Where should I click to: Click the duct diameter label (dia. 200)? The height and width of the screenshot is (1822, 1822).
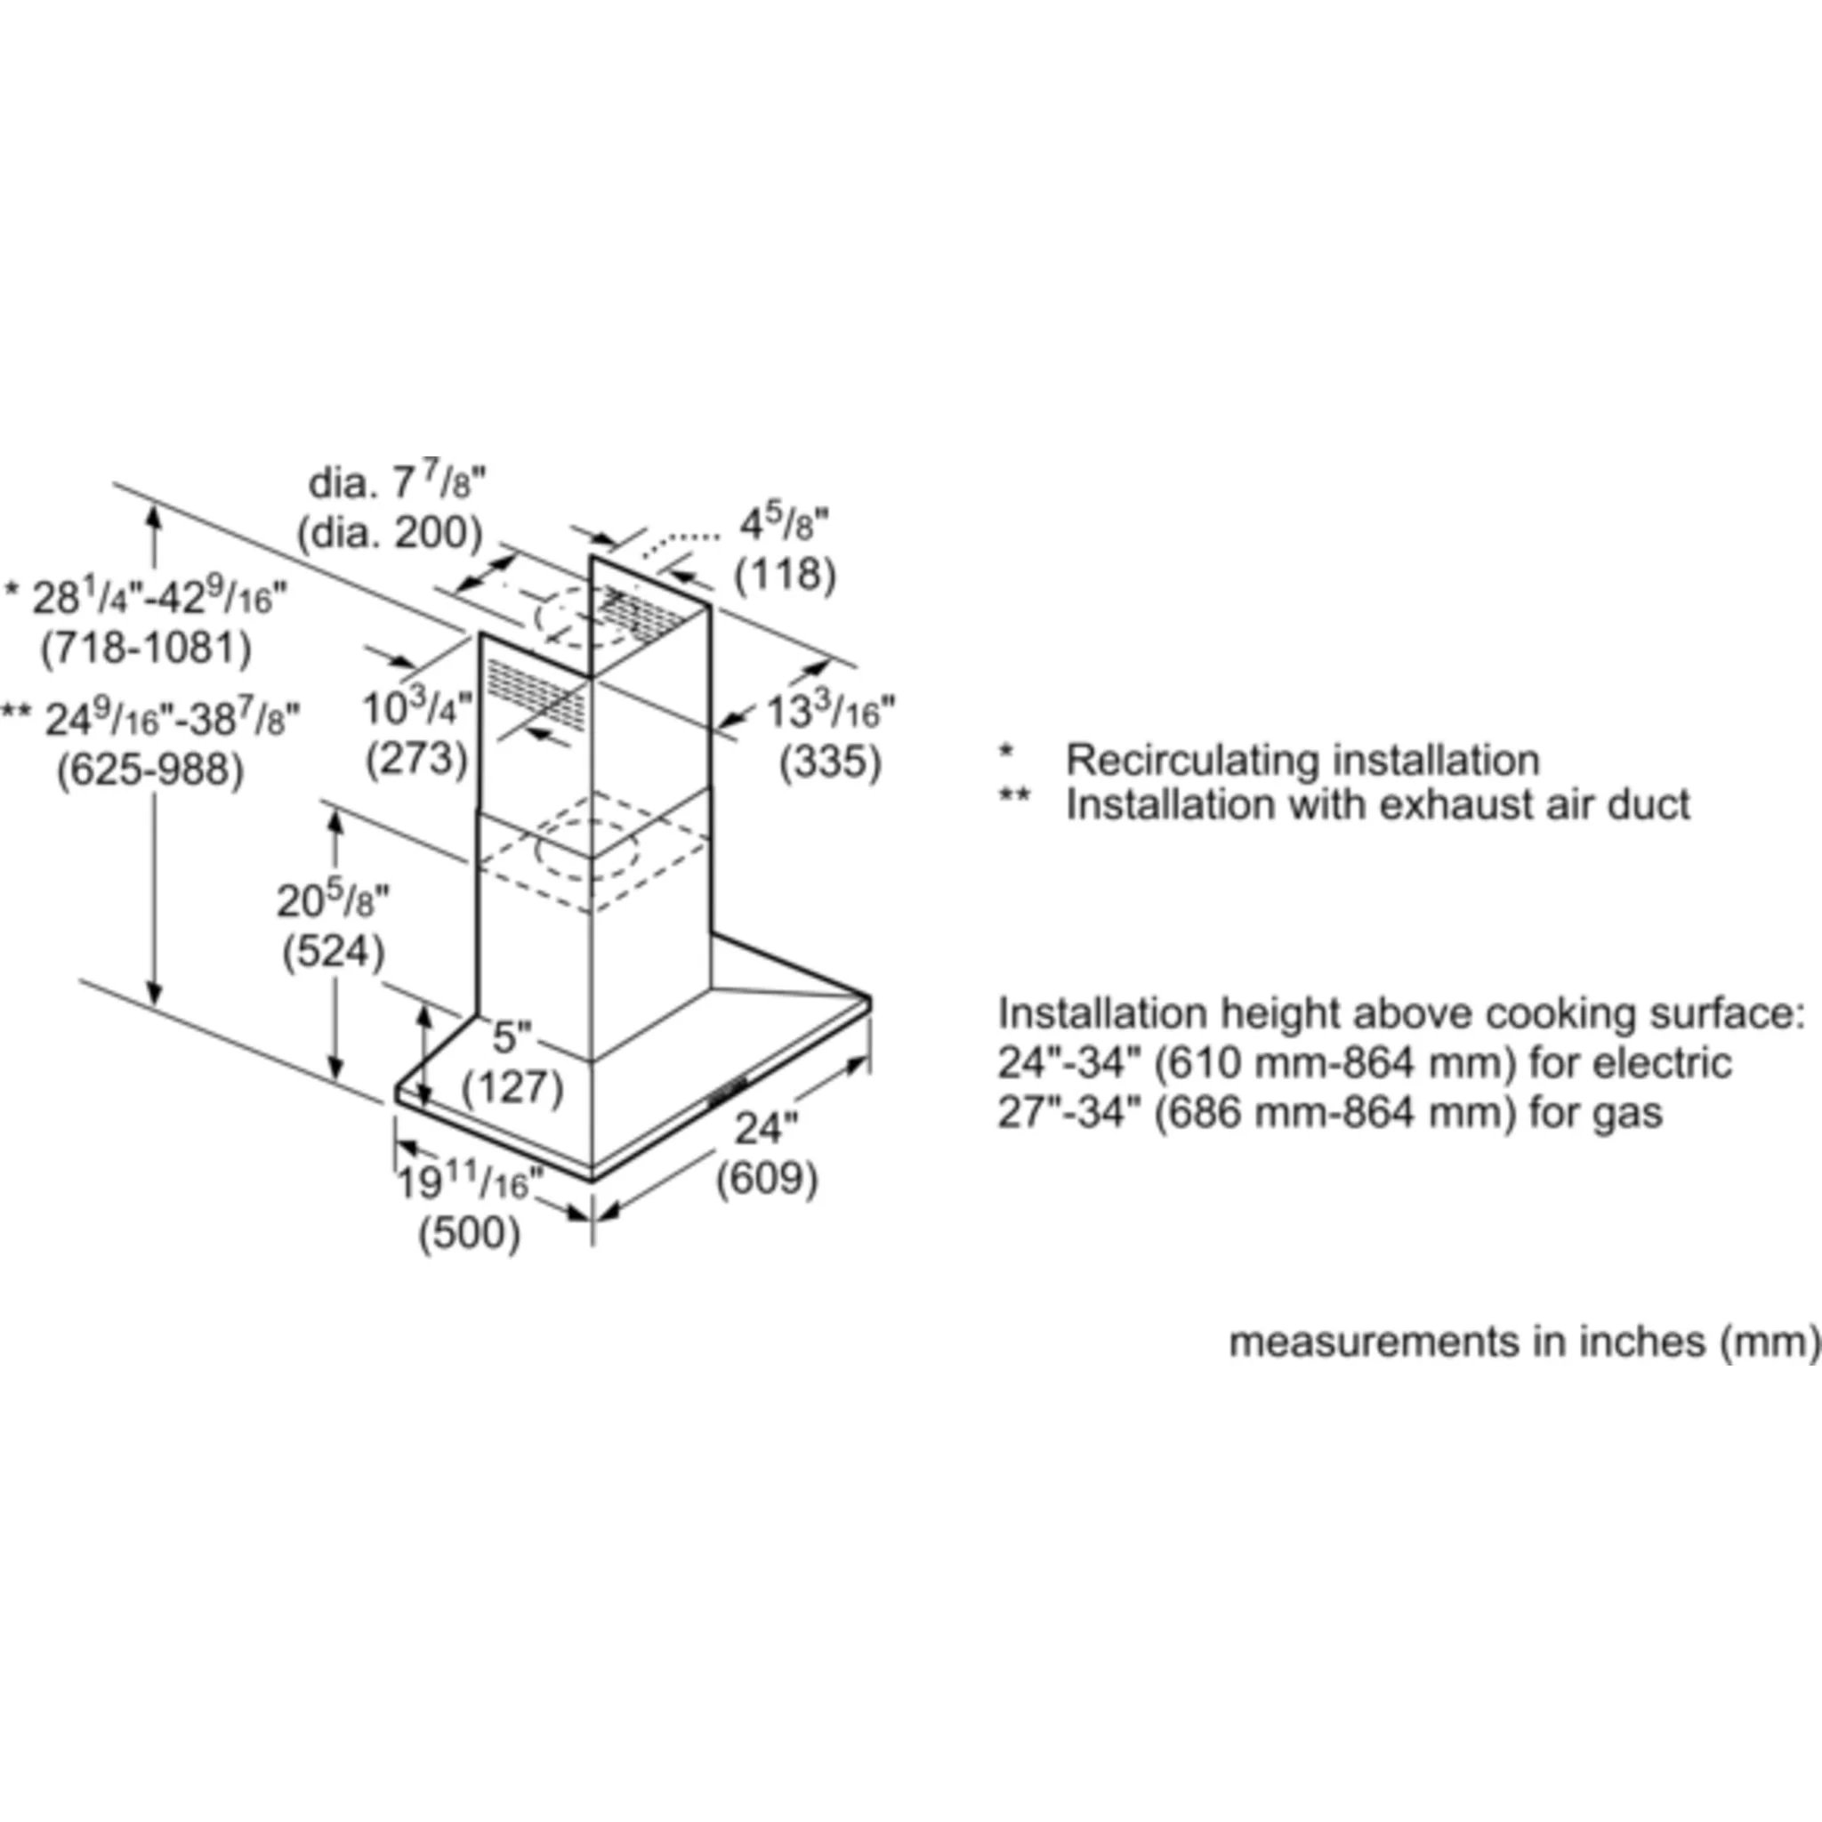click(x=390, y=534)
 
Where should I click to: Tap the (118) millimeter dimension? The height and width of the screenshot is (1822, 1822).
click(x=786, y=574)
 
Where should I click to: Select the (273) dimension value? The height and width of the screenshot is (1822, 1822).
click(x=417, y=758)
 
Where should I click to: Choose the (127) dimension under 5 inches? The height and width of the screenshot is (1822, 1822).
click(x=512, y=1087)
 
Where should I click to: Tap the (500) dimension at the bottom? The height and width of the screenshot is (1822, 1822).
click(x=470, y=1234)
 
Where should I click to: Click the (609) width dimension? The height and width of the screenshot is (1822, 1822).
click(x=767, y=1179)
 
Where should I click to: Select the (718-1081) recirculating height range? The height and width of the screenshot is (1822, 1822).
click(x=146, y=648)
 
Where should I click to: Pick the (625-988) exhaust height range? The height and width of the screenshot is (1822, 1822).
click(x=151, y=770)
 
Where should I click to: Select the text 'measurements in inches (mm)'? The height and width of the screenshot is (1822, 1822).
click(x=1524, y=1342)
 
